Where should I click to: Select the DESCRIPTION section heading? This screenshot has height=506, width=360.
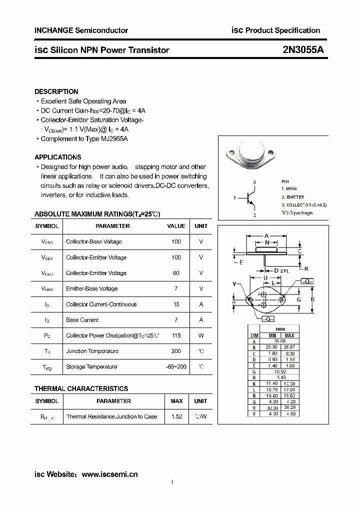[x=56, y=91]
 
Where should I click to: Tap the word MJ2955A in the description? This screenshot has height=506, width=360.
[x=114, y=138]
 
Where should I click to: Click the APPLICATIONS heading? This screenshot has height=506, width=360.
[x=57, y=157]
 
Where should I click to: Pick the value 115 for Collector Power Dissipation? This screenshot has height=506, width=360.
[x=175, y=335]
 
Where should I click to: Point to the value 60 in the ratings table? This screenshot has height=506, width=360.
[x=175, y=273]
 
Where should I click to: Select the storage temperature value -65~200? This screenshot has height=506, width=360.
[x=175, y=366]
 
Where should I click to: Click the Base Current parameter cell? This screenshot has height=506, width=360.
[x=82, y=320]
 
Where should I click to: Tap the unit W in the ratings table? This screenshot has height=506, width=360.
[x=200, y=335]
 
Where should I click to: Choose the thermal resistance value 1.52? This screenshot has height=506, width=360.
[x=176, y=416]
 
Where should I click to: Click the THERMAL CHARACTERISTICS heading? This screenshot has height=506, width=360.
[x=81, y=388]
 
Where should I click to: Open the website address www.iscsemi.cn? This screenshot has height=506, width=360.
[x=109, y=474]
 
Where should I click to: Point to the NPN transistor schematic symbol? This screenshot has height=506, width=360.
[x=249, y=198]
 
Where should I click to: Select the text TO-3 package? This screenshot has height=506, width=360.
[x=296, y=213]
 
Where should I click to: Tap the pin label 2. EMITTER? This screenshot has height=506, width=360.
[x=292, y=197]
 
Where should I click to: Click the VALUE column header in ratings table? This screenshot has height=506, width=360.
[x=175, y=226]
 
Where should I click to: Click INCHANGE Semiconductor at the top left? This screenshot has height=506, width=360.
[x=81, y=30]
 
